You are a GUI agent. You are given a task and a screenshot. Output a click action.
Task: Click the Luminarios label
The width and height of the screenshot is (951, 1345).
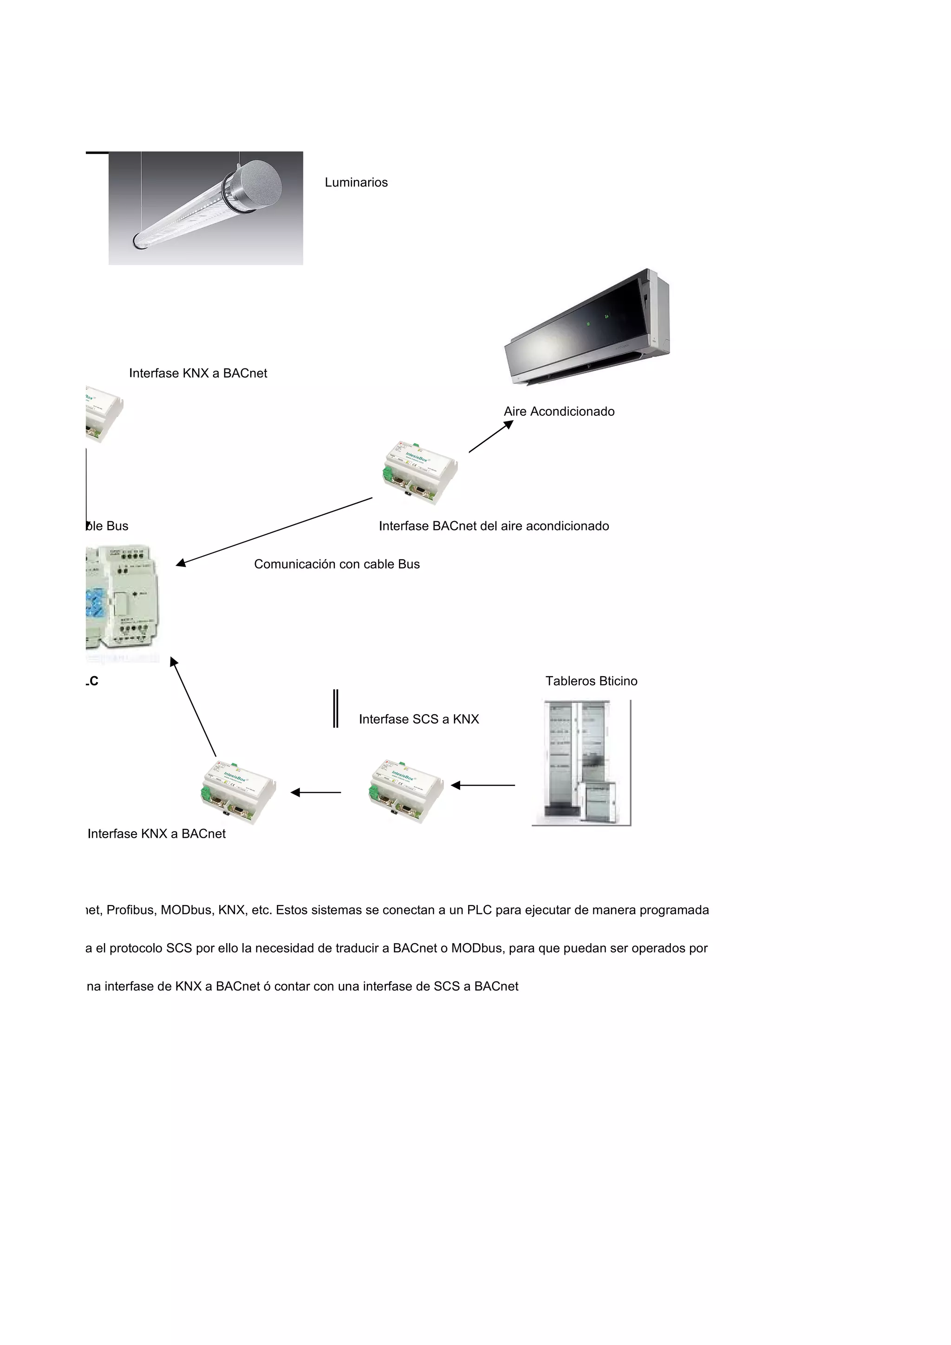pos(356,182)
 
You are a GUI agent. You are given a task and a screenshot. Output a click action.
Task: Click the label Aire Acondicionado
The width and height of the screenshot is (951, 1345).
pos(559,411)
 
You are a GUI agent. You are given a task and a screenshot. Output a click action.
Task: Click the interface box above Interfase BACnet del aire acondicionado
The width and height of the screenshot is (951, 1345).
pos(419,472)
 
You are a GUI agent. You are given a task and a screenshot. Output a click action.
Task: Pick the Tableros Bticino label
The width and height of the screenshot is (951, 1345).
pos(591,681)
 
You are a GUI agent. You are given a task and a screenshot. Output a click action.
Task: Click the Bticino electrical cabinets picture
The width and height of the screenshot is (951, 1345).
pos(581,762)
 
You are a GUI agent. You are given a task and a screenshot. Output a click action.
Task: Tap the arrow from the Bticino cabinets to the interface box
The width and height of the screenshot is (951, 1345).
pos(483,785)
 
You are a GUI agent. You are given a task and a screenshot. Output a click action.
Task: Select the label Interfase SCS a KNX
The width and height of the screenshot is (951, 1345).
pos(418,719)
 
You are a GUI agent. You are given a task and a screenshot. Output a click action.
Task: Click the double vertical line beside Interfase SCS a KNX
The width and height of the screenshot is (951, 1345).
pos(336,708)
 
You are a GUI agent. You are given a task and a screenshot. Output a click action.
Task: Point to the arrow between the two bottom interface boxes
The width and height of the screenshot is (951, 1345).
pos(316,793)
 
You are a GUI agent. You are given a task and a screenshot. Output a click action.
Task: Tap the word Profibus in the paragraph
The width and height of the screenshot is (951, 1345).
pos(130,910)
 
